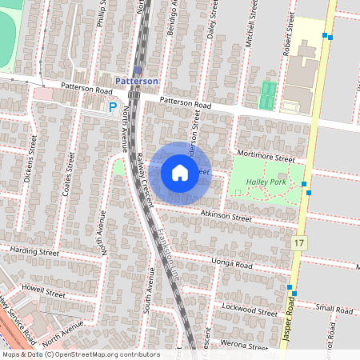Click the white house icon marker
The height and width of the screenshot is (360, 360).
pyautogui.click(x=180, y=173)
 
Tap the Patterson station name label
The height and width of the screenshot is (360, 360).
pyautogui.click(x=137, y=81)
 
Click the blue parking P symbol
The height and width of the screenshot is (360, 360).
pyautogui.click(x=113, y=106)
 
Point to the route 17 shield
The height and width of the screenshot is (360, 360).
pyautogui.click(x=300, y=242)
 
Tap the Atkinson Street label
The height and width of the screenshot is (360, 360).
pyautogui.click(x=226, y=216)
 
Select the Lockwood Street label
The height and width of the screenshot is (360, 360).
pyautogui.click(x=251, y=308)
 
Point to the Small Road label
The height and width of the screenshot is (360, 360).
pyautogui.click(x=334, y=309)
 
